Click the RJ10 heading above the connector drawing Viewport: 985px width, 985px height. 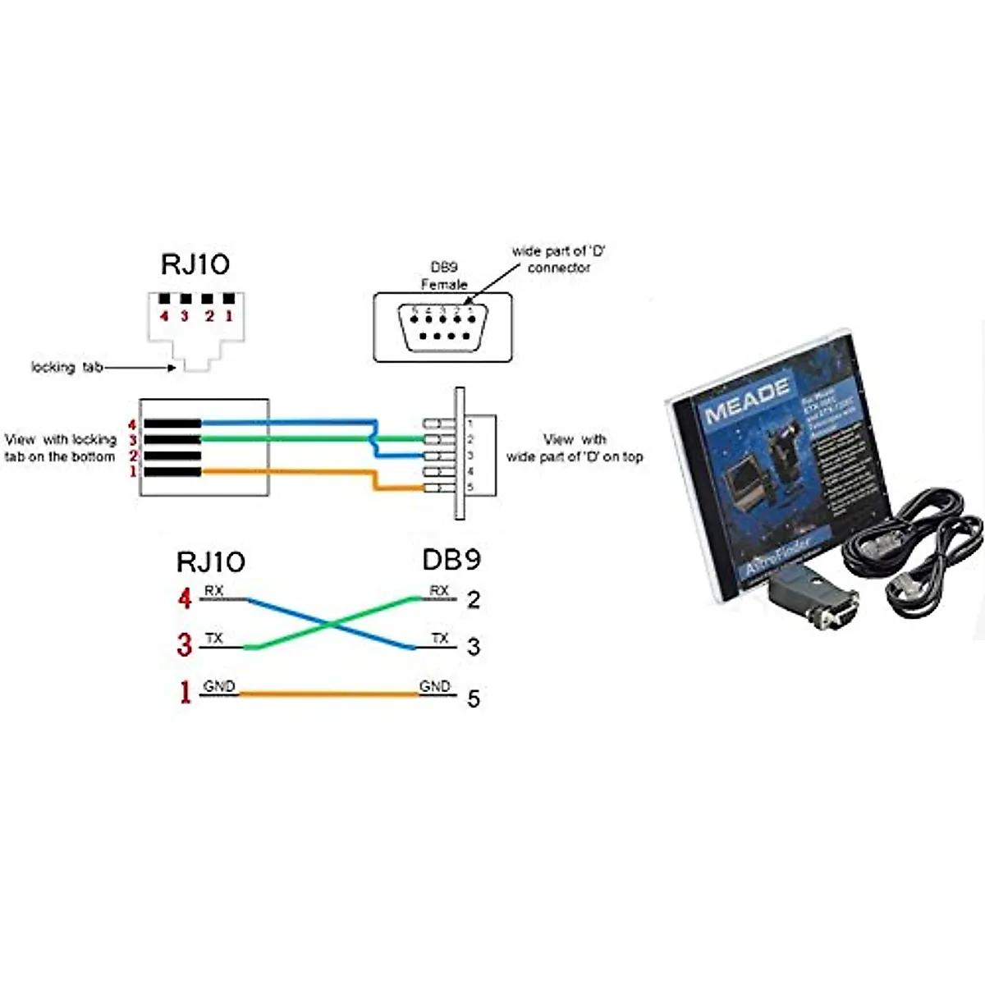195,264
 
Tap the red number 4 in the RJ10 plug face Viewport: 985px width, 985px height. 164,316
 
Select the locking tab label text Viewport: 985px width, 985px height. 66,367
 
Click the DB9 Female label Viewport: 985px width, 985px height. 444,277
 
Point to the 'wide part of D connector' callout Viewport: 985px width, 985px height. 558,259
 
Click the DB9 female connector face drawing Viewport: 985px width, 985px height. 443,327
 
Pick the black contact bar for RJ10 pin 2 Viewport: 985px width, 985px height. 172,456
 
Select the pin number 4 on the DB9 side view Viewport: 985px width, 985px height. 470,472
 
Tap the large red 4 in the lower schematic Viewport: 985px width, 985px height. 185,598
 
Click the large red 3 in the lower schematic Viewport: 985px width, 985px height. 185,645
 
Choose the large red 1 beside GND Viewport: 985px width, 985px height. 186,693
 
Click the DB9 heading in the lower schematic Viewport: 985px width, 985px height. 451,560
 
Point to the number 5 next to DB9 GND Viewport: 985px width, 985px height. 474,699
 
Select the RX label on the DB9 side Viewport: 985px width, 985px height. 439,591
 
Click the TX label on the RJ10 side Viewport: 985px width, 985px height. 213,639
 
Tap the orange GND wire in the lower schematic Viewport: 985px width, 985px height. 328,694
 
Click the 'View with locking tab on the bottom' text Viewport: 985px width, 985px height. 60,448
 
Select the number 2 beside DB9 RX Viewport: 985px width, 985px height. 474,600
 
